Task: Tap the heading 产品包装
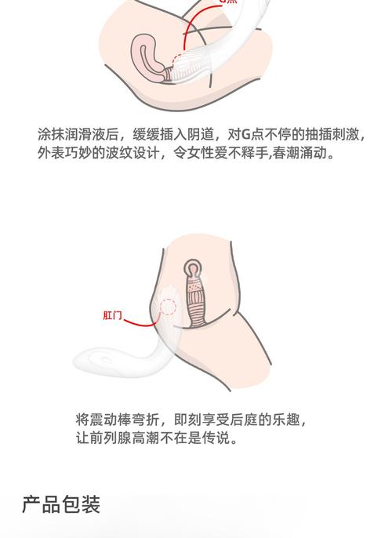click(61, 503)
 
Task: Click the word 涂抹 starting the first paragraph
click(49, 133)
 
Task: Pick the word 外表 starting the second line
click(49, 154)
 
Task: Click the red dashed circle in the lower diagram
click(167, 304)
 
